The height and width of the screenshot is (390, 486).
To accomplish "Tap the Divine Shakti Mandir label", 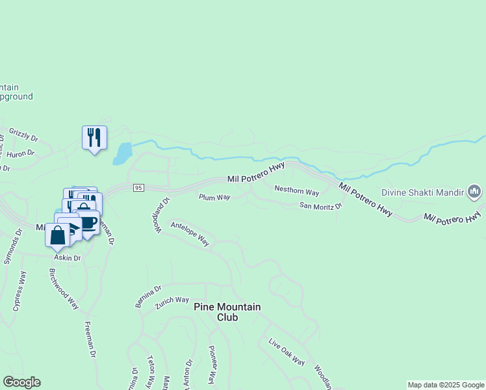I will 422,192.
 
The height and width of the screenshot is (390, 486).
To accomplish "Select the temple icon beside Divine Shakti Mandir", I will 474,192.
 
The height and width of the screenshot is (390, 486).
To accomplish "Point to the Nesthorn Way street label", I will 297,192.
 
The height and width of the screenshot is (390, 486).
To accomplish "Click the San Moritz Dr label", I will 320,206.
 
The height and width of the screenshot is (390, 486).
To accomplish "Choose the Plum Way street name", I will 214,197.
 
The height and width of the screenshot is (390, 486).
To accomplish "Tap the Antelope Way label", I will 190,234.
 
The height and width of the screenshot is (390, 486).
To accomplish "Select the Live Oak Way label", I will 287,352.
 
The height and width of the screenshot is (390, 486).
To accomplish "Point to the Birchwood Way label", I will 64,288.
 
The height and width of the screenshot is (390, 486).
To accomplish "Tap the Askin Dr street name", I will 68,258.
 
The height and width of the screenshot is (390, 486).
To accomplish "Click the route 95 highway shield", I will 138,188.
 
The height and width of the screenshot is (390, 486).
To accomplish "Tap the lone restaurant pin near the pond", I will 95,138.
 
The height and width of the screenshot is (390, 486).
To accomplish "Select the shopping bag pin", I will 57,235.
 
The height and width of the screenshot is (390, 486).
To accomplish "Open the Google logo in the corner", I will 21,382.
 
